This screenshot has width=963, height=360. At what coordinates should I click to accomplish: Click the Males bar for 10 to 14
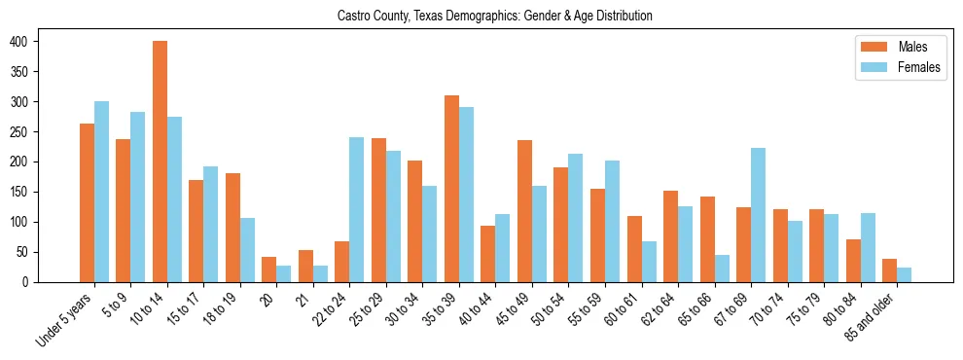pos(160,162)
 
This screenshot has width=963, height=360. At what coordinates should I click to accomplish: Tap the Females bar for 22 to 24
pos(357,209)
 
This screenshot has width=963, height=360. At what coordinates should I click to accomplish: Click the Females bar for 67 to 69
pos(759,215)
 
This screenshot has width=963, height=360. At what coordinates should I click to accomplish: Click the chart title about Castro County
pos(494,16)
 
